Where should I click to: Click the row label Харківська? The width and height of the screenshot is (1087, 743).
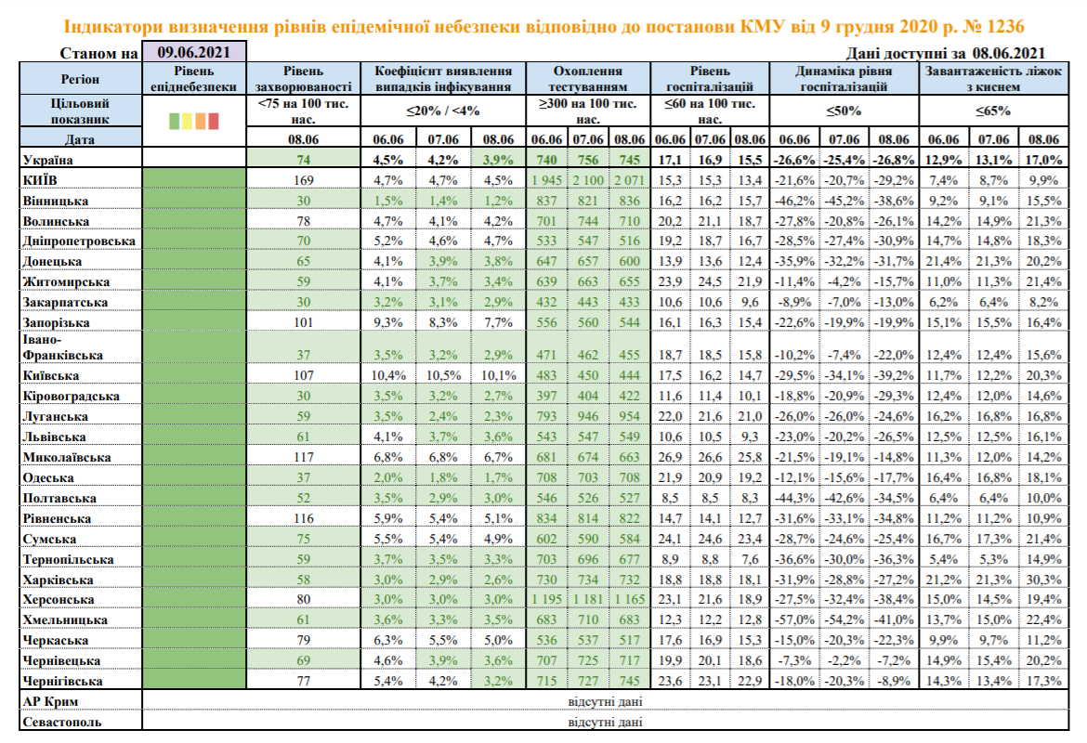pos(55,580)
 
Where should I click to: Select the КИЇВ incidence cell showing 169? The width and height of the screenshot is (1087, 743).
pos(301,179)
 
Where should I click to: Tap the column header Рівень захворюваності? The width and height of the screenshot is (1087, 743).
pos(301,79)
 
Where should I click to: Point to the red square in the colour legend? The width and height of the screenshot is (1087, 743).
pos(214,121)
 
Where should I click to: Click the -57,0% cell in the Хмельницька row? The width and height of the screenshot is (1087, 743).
pos(794,619)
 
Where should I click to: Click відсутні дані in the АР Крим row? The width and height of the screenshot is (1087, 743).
pos(605,702)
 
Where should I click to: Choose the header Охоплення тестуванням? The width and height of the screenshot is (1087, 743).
pos(588,79)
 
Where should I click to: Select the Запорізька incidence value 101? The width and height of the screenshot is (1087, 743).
pos(301,322)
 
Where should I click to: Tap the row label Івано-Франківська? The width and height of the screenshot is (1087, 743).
pos(57,347)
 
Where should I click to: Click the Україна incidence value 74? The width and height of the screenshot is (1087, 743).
pos(301,160)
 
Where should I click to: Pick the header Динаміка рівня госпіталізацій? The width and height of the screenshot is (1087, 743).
pos(845,79)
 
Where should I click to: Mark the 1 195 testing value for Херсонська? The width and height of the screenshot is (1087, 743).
pos(548,599)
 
